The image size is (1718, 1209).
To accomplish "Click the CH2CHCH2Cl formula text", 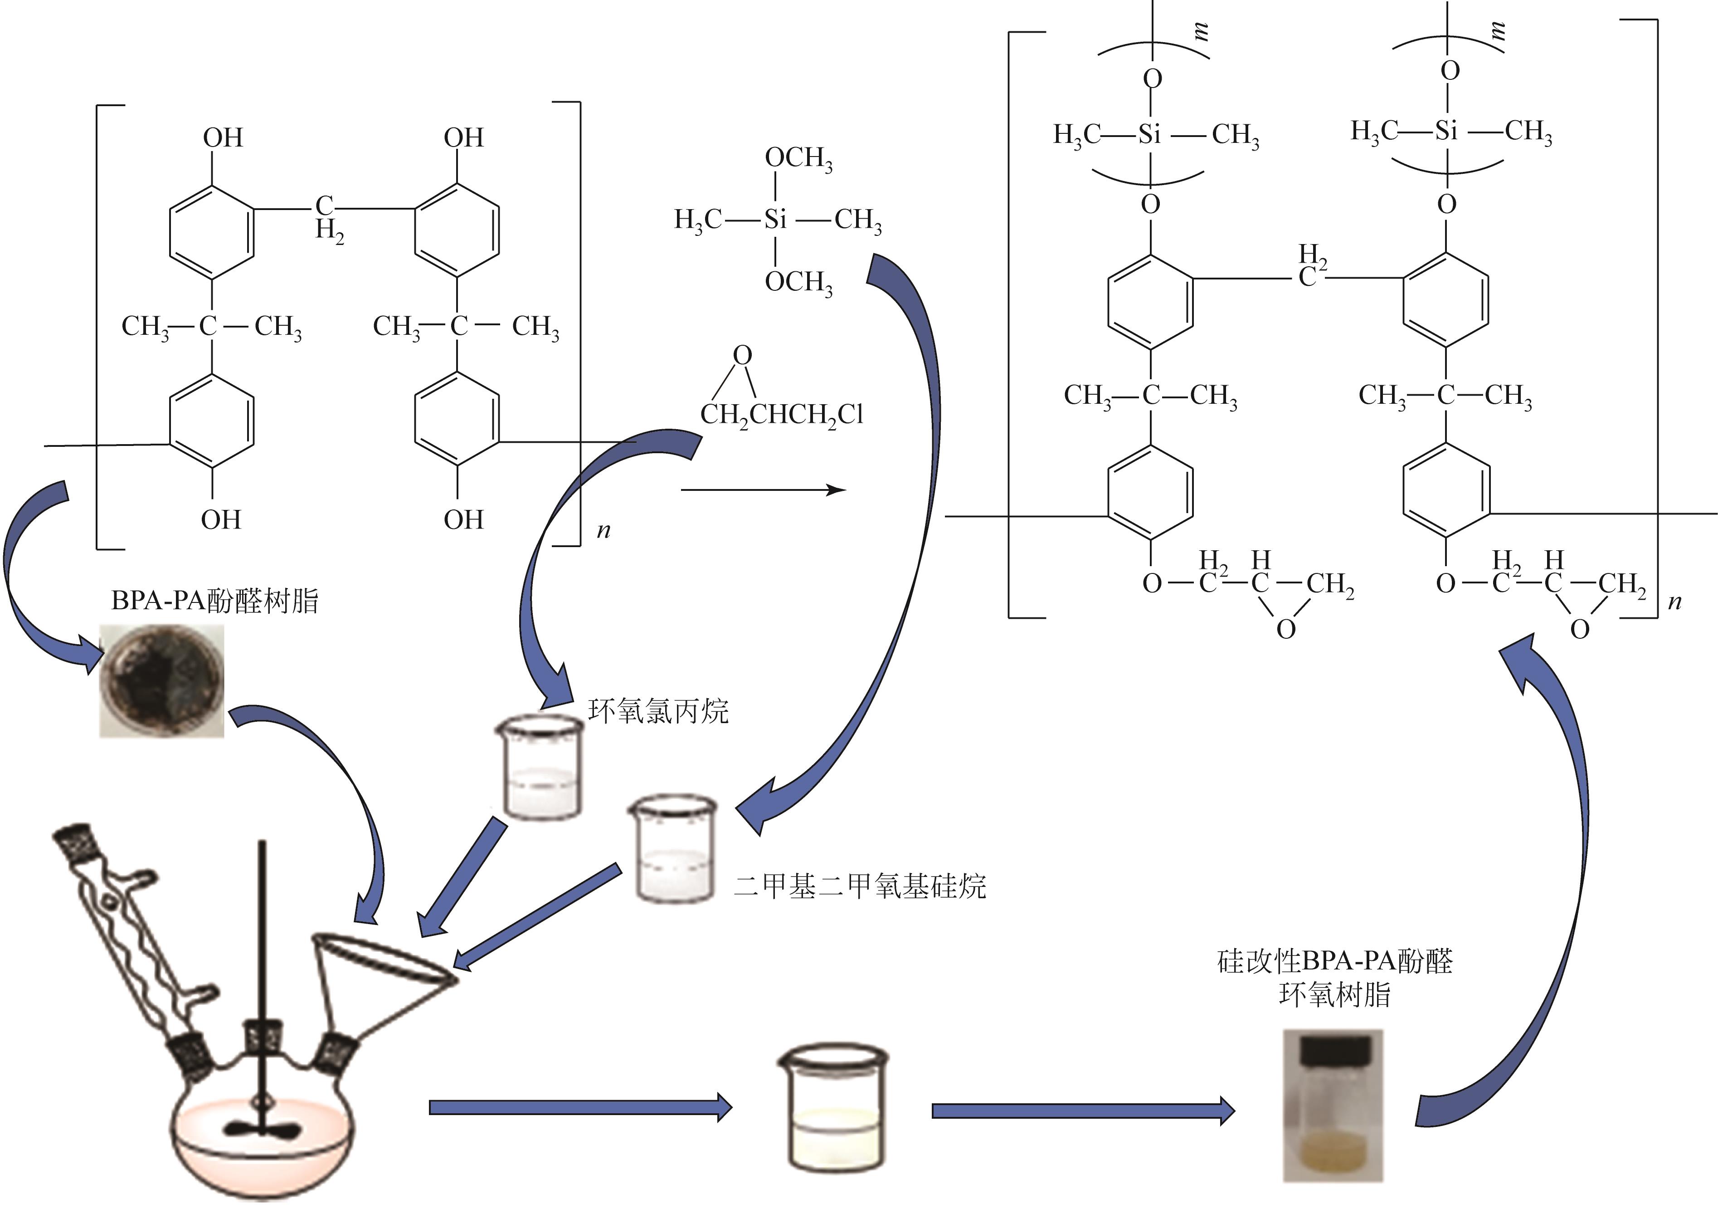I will click(x=782, y=415).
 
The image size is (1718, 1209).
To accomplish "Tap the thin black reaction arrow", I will click(x=763, y=490).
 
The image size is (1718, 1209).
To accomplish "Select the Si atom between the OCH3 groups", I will click(x=775, y=219).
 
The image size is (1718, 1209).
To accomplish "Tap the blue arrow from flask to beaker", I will click(x=580, y=1106).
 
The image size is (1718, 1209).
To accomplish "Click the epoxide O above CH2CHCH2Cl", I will click(x=742, y=355).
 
